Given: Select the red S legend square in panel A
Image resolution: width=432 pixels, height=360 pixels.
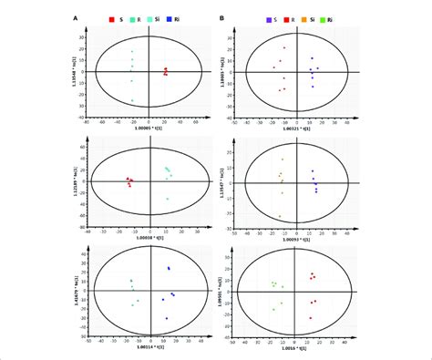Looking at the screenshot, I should coord(111,18).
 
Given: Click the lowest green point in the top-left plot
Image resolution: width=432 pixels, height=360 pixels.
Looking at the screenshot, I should coord(132,100).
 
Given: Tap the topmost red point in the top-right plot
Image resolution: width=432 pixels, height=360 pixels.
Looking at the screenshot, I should coord(284,48).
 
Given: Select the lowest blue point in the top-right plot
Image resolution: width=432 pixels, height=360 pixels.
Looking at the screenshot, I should coord(312,87).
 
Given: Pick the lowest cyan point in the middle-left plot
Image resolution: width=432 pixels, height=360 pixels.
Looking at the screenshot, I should coord(168,199).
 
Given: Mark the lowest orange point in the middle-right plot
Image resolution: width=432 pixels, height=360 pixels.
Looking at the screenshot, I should coord(280,216).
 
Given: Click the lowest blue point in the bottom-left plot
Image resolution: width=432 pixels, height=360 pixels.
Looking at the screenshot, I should coord(167,317).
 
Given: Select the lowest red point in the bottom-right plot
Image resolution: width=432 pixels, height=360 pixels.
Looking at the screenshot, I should coord(310,317).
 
